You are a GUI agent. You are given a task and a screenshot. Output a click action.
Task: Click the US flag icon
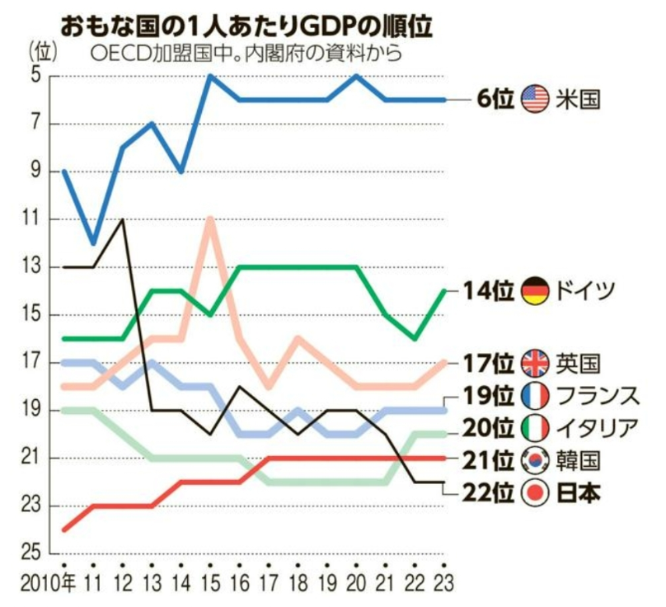click(536, 100)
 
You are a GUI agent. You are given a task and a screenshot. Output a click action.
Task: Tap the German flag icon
click(536, 290)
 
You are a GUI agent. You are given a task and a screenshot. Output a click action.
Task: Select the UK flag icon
click(536, 362)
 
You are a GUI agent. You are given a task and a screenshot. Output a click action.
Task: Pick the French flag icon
click(536, 395)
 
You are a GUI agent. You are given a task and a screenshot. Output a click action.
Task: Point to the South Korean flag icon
click(536, 459)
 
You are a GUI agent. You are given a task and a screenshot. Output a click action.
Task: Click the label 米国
click(581, 100)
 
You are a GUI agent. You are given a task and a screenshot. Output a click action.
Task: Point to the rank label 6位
click(495, 100)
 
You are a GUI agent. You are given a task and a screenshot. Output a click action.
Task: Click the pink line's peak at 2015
click(211, 219)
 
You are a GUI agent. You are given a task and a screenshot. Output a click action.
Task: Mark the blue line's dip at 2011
click(94, 243)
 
